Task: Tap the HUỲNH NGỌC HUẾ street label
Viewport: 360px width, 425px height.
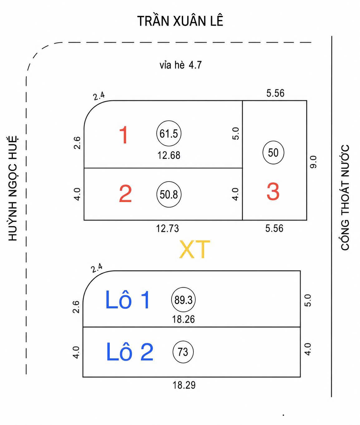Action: [13, 188]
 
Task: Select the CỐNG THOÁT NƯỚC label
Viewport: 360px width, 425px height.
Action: [345, 198]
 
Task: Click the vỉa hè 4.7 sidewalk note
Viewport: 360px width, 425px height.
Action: [180, 65]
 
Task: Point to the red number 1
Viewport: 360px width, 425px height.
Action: [124, 135]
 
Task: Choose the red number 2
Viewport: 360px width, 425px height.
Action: [125, 193]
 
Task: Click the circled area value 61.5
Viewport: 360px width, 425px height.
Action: [169, 133]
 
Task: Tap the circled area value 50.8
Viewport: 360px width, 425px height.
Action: [169, 194]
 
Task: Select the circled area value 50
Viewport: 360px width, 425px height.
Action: [273, 152]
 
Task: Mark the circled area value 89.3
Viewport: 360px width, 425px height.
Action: [183, 300]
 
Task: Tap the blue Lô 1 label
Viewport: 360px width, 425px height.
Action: [128, 300]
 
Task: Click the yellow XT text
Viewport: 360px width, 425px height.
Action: [194, 249]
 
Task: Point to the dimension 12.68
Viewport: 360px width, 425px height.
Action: [169, 155]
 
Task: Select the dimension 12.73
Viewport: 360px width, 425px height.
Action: [168, 229]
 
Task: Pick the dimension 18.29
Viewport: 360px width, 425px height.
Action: [184, 385]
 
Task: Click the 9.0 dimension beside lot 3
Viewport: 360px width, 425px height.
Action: [313, 162]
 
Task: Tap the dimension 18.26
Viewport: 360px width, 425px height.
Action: [183, 319]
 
